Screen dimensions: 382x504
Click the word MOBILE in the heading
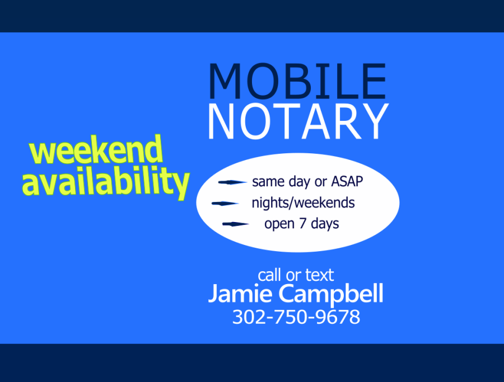click(297, 82)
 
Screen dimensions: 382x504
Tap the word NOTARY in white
click(298, 121)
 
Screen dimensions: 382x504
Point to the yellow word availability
click(106, 182)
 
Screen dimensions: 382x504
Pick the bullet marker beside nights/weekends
click(226, 204)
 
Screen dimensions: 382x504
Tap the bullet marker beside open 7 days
click(236, 225)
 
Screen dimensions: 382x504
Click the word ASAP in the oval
click(348, 182)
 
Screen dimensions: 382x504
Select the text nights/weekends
click(303, 203)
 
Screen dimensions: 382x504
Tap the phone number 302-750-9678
click(296, 317)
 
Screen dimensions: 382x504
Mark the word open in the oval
click(280, 225)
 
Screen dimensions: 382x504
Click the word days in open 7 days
click(325, 224)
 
